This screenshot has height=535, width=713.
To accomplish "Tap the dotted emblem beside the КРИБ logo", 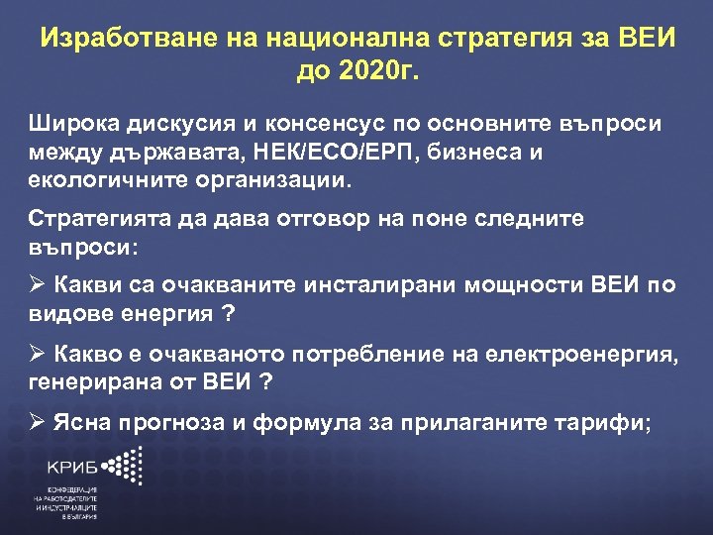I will [x=124, y=465].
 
